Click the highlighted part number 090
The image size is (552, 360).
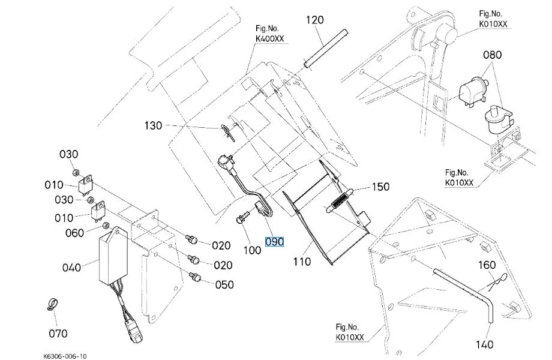point(274,242)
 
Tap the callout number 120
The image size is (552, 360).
point(314,20)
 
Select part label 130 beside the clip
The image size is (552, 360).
point(153,125)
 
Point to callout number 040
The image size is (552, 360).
point(72,268)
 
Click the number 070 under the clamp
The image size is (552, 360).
point(58,333)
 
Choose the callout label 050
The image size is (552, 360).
point(224,284)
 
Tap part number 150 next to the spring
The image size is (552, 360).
point(380,187)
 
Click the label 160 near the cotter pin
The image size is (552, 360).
point(487,265)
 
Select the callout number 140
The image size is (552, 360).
point(484,344)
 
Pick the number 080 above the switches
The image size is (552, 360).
point(492,55)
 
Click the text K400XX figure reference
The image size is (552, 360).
point(269,39)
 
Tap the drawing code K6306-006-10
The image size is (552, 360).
point(65,356)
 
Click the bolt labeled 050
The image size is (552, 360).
point(194,277)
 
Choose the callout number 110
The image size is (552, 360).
point(302,262)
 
